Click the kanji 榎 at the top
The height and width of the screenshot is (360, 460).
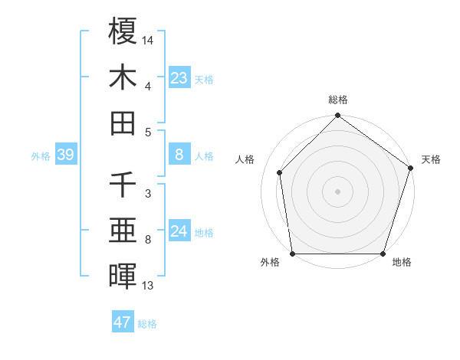coord(123,31)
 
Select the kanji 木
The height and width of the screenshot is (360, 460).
coord(123,77)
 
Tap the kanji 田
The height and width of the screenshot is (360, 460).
coord(123,123)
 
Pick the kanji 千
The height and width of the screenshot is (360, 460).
coord(123,185)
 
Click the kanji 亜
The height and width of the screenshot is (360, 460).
coord(123,231)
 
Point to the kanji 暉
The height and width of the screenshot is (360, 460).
coord(123,277)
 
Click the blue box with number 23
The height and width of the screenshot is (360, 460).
coord(179,77)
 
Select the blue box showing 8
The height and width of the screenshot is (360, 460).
coord(179,155)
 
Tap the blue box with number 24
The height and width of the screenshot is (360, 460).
coord(179,231)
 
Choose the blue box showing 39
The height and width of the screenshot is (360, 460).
coord(65,155)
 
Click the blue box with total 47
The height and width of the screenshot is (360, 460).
coord(123,322)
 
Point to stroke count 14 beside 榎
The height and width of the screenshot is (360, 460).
coord(148,39)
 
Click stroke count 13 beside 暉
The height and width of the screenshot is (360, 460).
coord(148,286)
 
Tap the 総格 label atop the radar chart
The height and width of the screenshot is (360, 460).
coord(338,100)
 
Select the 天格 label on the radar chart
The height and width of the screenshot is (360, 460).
coord(431,159)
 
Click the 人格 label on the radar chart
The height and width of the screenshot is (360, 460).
coord(245,159)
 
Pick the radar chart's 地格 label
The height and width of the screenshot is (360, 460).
coord(402,263)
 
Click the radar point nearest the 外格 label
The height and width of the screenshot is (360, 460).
coord(292,254)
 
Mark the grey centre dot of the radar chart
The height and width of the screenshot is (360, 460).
coord(337,191)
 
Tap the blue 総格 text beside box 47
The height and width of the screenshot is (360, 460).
coord(147,324)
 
